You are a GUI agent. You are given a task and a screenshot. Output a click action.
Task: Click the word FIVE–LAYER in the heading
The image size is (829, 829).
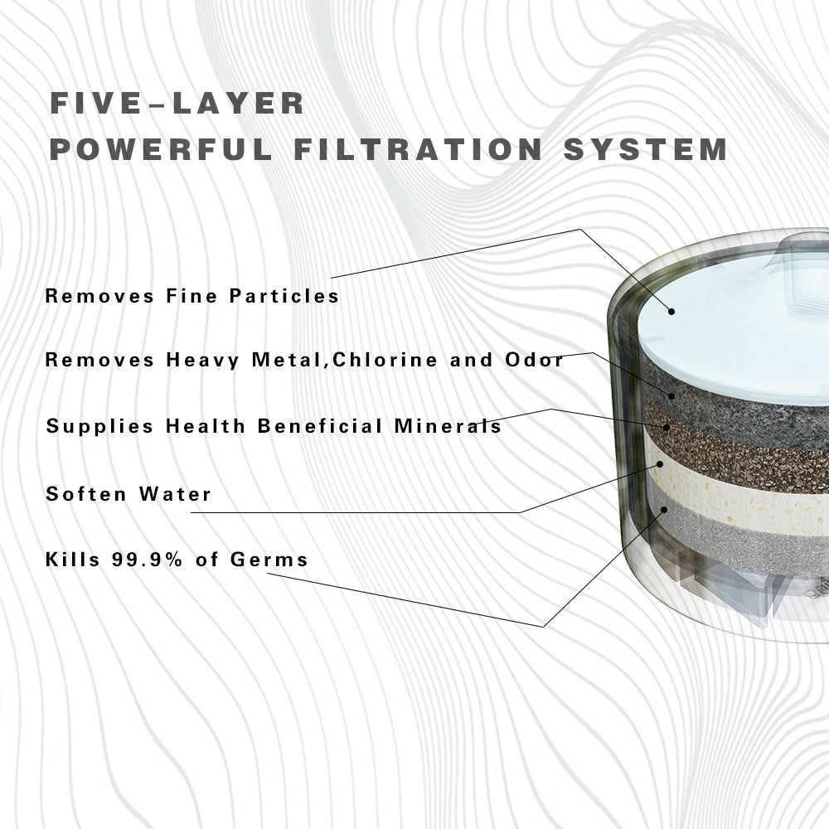(177, 103)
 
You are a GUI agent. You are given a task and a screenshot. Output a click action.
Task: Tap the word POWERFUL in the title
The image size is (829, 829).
(161, 149)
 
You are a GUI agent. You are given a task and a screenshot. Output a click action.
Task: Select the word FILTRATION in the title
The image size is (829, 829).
(418, 149)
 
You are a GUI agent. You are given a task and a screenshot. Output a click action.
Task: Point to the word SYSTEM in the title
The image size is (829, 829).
(646, 149)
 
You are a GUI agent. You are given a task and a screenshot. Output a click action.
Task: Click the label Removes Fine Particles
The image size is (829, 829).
(192, 296)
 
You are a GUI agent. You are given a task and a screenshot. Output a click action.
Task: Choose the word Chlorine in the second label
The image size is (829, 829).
(385, 360)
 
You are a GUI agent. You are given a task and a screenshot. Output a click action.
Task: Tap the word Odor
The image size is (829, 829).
(535, 360)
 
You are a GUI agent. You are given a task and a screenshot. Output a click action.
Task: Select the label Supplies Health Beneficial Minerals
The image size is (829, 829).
(274, 426)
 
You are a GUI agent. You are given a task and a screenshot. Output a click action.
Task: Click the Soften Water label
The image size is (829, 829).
(128, 494)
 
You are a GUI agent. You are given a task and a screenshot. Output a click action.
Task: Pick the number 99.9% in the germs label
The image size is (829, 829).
(147, 560)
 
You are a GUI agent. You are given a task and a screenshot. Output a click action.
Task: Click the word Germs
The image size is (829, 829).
(269, 560)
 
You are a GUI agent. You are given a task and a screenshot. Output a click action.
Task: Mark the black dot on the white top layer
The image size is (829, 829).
(671, 312)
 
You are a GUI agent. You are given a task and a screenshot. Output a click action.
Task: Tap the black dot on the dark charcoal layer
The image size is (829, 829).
(671, 395)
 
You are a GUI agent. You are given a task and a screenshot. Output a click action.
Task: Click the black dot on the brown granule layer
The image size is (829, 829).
(667, 427)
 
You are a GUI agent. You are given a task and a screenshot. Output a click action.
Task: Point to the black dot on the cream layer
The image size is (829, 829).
(660, 464)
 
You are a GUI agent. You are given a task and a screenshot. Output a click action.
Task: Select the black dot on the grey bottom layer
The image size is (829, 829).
(664, 510)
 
